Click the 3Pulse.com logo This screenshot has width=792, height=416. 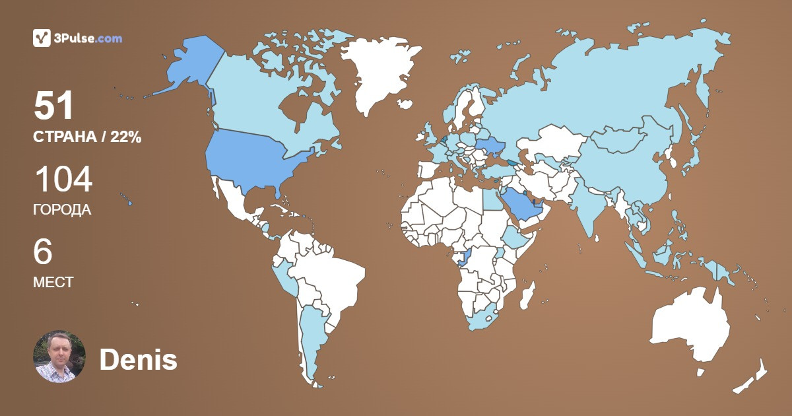tap(77, 38)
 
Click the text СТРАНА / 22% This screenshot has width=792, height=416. tap(87, 137)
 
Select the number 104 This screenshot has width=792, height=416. tap(63, 180)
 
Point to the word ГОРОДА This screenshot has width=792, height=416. tap(62, 210)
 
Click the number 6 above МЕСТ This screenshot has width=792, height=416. tap(43, 252)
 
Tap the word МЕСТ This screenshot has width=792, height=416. tap(53, 282)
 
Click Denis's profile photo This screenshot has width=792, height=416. tap(59, 357)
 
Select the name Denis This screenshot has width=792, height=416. tap(138, 360)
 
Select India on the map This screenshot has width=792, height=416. tap(589, 205)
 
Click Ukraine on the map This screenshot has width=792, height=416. tap(489, 147)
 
